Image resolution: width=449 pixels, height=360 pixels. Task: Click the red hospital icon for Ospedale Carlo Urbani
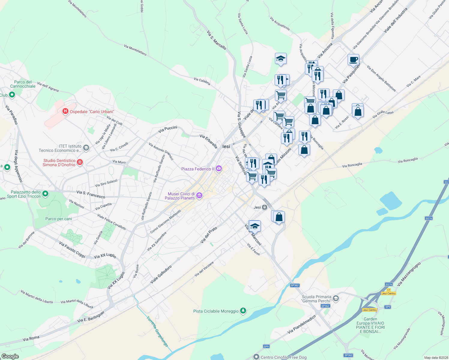tap(65, 112)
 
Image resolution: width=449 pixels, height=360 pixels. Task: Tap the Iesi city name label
tap(226, 146)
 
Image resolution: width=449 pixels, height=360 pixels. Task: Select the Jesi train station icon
tap(264, 207)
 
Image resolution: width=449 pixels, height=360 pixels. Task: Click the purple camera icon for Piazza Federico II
tap(219, 169)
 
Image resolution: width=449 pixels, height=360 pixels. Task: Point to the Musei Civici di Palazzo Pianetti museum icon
tap(199, 196)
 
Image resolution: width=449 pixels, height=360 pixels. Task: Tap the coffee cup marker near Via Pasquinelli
tap(353, 59)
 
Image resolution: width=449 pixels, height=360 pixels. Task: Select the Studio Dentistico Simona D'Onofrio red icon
tap(80, 162)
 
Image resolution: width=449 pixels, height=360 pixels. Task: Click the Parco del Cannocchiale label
tap(23, 84)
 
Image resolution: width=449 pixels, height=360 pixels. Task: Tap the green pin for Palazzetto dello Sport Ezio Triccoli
tap(45, 194)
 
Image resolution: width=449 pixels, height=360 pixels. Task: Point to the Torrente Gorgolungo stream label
tap(157, 331)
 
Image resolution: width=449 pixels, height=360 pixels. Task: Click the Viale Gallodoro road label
tap(161, 274)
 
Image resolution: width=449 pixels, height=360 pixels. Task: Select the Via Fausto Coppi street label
tap(72, 249)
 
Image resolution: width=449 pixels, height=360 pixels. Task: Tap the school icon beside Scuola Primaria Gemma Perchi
tap(336, 298)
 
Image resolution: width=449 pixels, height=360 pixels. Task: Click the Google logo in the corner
tap(10, 356)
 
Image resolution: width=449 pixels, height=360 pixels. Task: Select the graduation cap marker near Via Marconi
tap(255, 226)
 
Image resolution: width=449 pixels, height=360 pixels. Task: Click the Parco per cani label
tap(59, 219)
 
